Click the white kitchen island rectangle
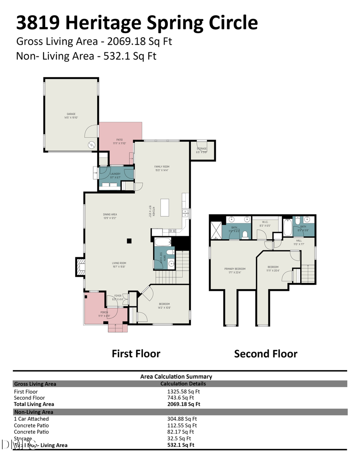click(165, 208)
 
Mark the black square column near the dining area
click(129, 241)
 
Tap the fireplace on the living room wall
click(80, 267)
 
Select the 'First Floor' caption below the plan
click(136, 354)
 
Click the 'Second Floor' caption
click(266, 354)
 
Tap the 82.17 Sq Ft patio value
click(180, 432)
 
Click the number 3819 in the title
click(38, 22)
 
